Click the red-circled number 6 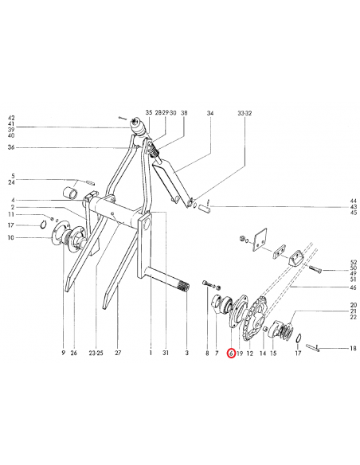[x=231, y=353]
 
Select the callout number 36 [x=12, y=147]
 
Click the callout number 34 [x=210, y=114]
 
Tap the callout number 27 [x=117, y=353]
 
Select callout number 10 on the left [x=12, y=237]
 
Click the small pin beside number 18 [x=315, y=348]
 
